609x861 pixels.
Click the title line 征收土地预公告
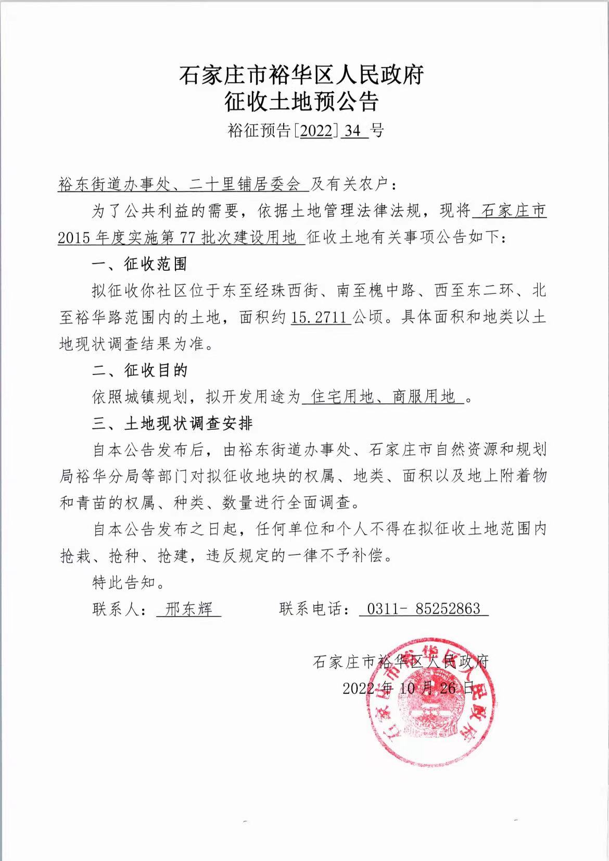tap(301, 102)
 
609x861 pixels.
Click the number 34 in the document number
tap(352, 130)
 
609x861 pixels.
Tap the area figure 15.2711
tap(321, 317)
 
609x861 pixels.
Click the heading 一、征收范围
tap(139, 264)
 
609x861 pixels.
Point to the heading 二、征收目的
tap(139, 370)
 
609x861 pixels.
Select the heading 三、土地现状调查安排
tap(172, 423)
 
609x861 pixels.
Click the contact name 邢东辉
tap(188, 609)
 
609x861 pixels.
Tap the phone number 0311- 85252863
tap(423, 609)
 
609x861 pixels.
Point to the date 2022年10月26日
tap(409, 688)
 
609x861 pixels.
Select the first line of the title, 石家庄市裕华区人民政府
tap(301, 74)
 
